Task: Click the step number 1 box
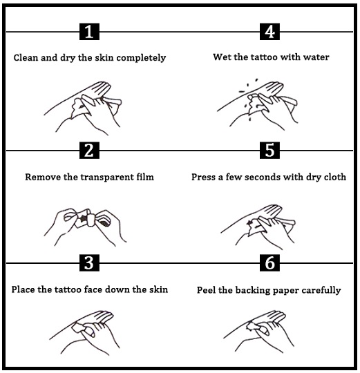click(x=89, y=31)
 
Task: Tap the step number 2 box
click(x=89, y=151)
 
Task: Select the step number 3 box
click(x=89, y=263)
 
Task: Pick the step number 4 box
click(x=269, y=31)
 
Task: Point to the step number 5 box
click(x=269, y=151)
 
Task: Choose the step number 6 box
click(x=269, y=263)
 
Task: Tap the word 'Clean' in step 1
click(x=26, y=57)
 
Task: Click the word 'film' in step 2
click(x=145, y=177)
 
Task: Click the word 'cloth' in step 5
click(x=334, y=177)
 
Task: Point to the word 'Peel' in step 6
click(x=207, y=290)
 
